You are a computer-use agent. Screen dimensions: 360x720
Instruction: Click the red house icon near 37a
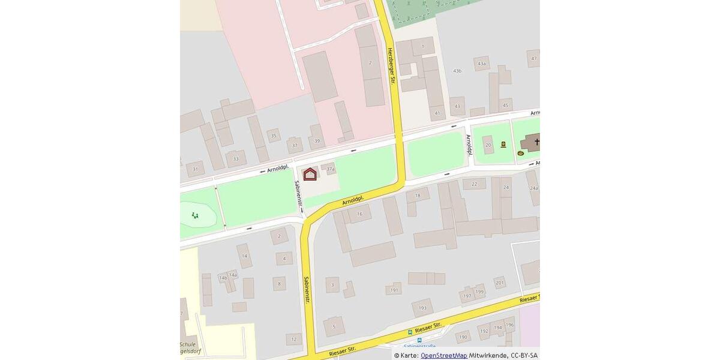(x=310, y=174)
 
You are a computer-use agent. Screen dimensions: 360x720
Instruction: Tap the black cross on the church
(x=536, y=142)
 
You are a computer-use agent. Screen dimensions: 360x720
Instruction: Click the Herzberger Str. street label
(x=391, y=66)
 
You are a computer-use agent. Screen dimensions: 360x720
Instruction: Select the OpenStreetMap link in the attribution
(x=443, y=355)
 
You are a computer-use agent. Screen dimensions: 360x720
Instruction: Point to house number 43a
(x=481, y=64)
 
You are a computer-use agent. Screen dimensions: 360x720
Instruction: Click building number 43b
(x=457, y=71)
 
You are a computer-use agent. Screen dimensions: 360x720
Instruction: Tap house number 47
(x=533, y=58)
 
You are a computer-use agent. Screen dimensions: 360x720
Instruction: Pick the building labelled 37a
(x=330, y=169)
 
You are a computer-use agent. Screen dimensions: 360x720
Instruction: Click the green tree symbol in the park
(x=195, y=215)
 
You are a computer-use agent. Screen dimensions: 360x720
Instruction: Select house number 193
(x=422, y=308)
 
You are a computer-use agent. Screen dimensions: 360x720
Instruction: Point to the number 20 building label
(x=488, y=145)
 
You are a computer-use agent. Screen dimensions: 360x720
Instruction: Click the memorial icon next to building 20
(x=503, y=144)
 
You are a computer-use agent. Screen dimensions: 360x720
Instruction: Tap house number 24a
(x=533, y=188)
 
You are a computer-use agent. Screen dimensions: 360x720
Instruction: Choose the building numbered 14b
(x=223, y=278)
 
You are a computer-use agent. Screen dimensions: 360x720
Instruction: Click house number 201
(x=499, y=283)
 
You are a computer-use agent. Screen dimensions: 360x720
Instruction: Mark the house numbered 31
(x=195, y=170)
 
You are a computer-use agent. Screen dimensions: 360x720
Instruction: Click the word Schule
(x=188, y=344)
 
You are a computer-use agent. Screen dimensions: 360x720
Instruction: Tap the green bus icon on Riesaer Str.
(x=410, y=332)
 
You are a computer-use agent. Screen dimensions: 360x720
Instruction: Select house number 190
(x=463, y=337)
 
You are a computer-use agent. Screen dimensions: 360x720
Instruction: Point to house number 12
(x=293, y=339)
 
